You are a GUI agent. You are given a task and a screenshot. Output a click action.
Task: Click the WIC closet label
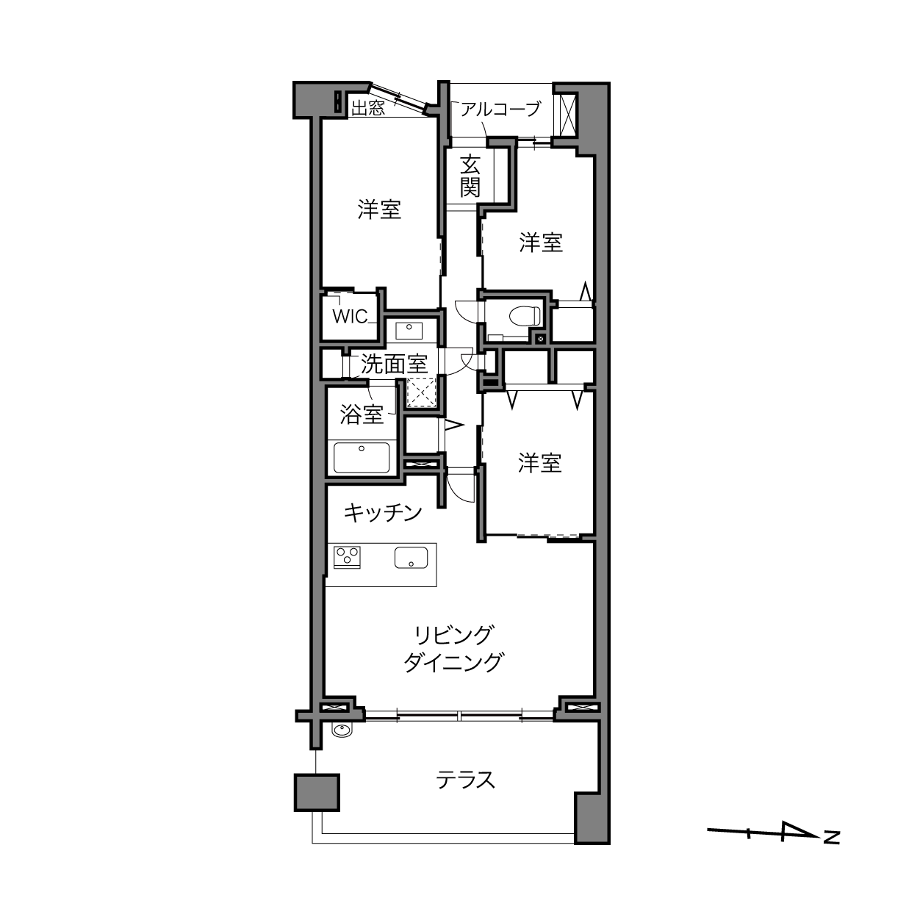tap(350, 317)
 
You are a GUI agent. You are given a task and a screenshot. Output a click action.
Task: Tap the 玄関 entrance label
tap(470, 176)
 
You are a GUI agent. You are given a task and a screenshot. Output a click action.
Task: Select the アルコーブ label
tap(500, 109)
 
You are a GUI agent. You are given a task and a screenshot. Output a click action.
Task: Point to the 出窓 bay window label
tap(367, 108)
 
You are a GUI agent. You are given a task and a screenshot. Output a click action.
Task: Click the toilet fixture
tap(525, 316)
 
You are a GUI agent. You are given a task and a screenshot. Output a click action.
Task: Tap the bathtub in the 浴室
tap(362, 457)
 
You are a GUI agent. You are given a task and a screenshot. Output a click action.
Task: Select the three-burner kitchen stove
tap(347, 557)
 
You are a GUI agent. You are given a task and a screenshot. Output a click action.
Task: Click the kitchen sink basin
tap(411, 557)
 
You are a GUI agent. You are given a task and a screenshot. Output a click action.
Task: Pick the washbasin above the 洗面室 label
tap(409, 331)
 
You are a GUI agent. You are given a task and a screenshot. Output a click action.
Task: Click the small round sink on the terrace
tap(342, 730)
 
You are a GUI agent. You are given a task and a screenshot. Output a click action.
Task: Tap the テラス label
tap(465, 780)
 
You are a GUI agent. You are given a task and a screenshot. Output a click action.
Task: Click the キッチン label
tap(383, 513)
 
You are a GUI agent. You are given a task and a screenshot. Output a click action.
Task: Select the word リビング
tap(453, 634)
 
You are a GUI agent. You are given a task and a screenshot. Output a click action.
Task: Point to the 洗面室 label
tap(394, 364)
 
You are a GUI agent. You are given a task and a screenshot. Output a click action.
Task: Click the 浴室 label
tap(362, 414)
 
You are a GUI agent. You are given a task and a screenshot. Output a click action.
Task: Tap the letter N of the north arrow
tap(832, 838)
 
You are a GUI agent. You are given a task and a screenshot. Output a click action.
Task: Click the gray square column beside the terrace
tap(317, 793)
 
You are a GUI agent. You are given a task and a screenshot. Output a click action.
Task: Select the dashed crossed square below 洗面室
tap(422, 393)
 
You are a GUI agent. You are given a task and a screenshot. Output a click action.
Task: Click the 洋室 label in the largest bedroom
tap(380, 209)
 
